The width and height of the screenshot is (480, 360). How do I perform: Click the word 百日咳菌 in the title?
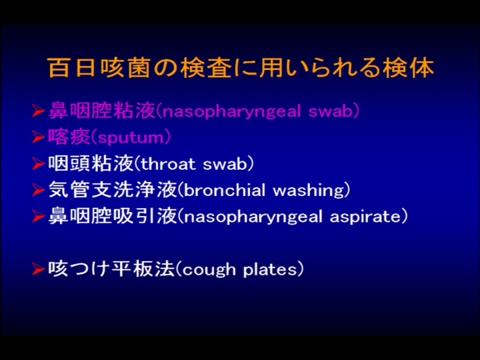pyautogui.click(x=99, y=68)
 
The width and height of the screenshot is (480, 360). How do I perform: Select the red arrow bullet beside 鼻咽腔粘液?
pyautogui.click(x=38, y=111)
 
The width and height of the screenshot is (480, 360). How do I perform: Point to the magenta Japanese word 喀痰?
pyautogui.click(x=69, y=137)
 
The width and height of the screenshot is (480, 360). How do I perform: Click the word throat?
pyautogui.click(x=168, y=163)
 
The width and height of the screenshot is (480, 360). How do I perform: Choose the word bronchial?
pyautogui.click(x=225, y=190)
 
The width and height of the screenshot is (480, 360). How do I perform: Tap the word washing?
pyautogui.click(x=309, y=191)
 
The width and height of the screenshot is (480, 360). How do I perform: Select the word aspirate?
pyautogui.click(x=365, y=217)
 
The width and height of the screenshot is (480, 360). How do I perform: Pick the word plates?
pyautogui.click(x=270, y=270)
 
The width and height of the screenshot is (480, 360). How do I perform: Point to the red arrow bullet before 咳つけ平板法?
pyautogui.click(x=38, y=269)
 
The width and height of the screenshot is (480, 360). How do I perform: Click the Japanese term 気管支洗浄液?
pyautogui.click(x=113, y=190)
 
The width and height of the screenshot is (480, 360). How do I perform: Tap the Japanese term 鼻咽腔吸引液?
pyautogui.click(x=113, y=216)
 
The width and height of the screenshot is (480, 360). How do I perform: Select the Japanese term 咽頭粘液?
pyautogui.click(x=91, y=163)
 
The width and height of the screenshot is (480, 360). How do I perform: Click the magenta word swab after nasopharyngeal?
pyautogui.click(x=331, y=111)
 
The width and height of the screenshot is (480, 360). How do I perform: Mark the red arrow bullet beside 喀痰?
pyautogui.click(x=38, y=137)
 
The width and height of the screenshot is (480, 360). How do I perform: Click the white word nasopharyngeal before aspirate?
pyautogui.click(x=253, y=217)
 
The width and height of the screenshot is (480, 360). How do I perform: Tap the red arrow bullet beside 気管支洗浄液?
pyautogui.click(x=38, y=190)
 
